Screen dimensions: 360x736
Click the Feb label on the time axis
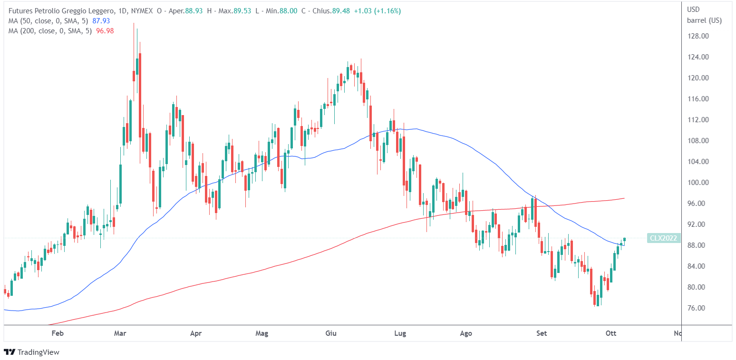click(58, 333)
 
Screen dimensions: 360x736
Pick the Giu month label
click(331, 333)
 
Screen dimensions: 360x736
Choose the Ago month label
click(466, 333)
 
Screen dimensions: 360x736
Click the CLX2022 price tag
click(663, 238)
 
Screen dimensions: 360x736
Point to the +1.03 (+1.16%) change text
click(377, 10)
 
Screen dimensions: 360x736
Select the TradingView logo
click(32, 352)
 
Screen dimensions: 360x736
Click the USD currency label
click(694, 9)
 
